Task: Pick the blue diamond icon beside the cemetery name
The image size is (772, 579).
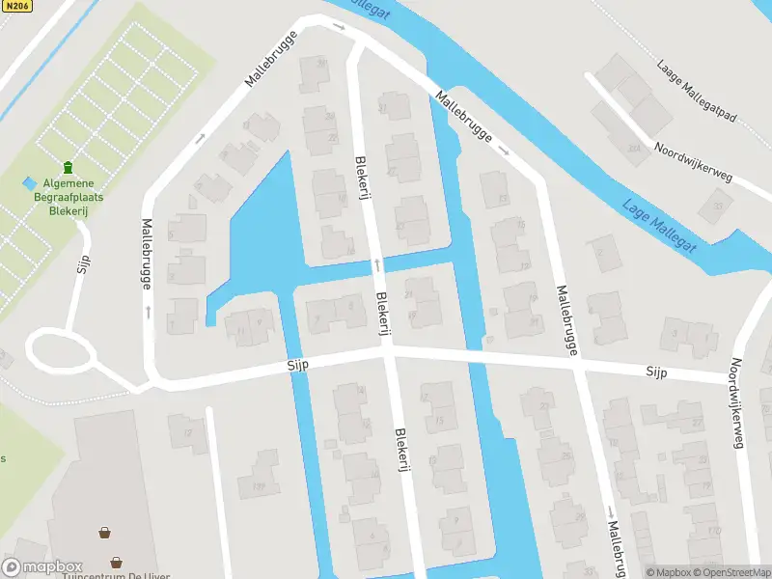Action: pyautogui.click(x=30, y=182)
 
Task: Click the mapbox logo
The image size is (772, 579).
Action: pyautogui.click(x=42, y=567)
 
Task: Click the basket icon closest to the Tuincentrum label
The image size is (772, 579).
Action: pyautogui.click(x=116, y=562)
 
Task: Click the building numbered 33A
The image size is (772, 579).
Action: pyautogui.click(x=633, y=149)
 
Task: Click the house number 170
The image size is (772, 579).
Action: pyautogui.click(x=713, y=531)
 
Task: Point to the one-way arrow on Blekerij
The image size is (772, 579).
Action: pyautogui.click(x=377, y=264)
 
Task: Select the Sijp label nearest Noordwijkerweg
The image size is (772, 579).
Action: pyautogui.click(x=658, y=372)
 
